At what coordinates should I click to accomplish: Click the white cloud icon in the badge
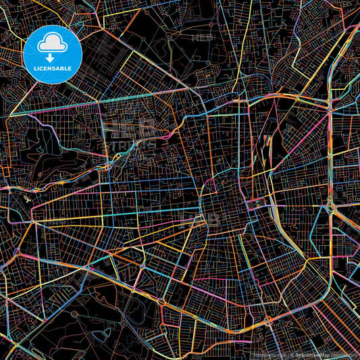tap(53, 43)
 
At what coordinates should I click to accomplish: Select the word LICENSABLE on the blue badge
tap(53, 69)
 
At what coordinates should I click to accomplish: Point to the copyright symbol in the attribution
tap(292, 354)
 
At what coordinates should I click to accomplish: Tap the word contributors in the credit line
tap(344, 354)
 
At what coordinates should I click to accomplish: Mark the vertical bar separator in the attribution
tap(288, 354)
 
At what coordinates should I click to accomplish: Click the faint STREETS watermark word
tap(130, 144)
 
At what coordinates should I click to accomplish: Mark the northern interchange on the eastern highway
tap(328, 105)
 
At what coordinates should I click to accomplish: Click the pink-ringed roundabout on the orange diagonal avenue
tap(142, 265)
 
